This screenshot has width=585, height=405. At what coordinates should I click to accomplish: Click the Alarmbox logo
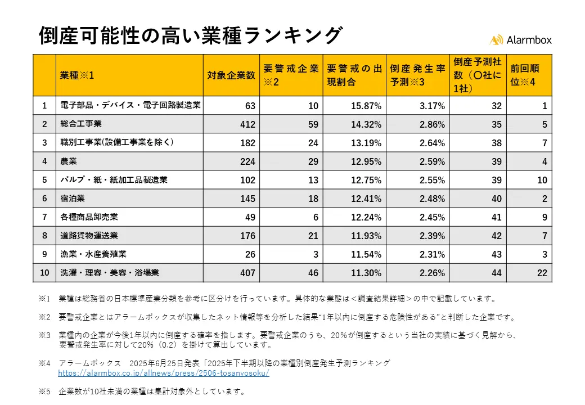520,39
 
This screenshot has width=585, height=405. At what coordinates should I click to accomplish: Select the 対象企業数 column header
231,75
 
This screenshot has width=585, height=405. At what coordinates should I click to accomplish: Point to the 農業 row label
68,161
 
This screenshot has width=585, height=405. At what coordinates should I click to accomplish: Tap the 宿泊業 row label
73,198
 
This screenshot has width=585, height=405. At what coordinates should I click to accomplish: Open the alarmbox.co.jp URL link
164,373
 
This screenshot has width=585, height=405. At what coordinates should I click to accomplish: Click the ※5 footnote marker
44,391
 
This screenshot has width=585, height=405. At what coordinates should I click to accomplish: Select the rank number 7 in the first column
44,217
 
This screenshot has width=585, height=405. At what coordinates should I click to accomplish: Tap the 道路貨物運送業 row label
89,235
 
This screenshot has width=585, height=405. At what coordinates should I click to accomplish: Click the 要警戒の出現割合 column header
355,75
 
